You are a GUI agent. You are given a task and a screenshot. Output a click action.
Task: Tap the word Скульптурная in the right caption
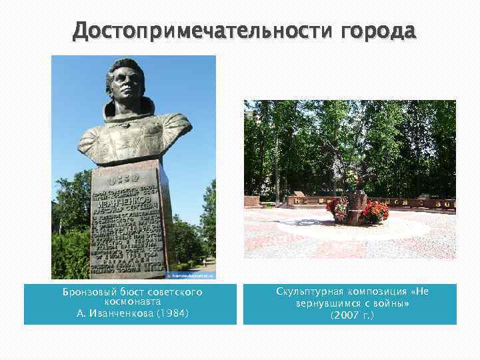point(311,293)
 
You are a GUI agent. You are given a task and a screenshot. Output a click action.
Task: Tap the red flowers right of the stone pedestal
point(375,211)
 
